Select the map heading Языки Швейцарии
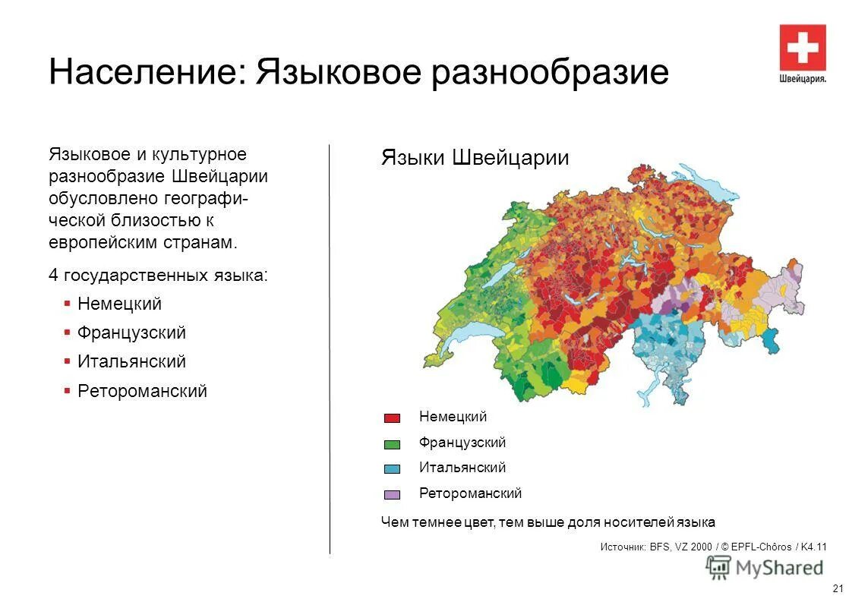click(x=475, y=158)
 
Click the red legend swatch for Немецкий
click(x=392, y=418)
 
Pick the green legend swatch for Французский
click(x=392, y=444)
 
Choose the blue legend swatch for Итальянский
click(x=392, y=469)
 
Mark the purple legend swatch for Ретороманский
click(x=392, y=495)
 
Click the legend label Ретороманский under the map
click(x=470, y=493)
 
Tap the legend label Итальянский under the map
click(x=462, y=468)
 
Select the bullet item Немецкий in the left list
click(x=119, y=304)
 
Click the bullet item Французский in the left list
click(x=131, y=333)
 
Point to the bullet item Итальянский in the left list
click(x=131, y=362)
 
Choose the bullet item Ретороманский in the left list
click(x=142, y=392)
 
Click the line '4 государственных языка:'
click(x=158, y=275)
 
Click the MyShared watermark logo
click(x=765, y=567)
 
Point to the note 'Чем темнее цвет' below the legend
click(x=547, y=522)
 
